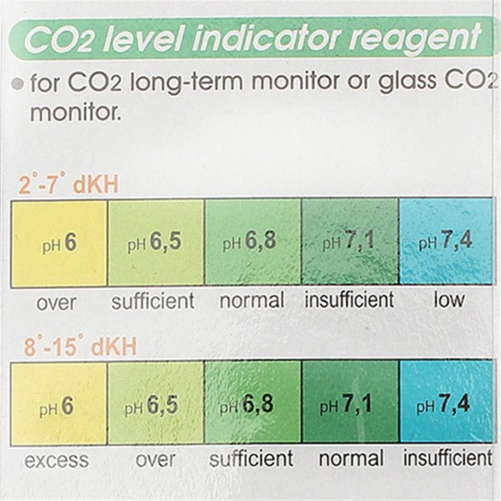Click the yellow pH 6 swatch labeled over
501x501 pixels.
pyautogui.click(x=59, y=243)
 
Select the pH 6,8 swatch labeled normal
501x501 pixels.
pyautogui.click(x=252, y=243)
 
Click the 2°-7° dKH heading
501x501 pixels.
pyautogui.click(x=69, y=185)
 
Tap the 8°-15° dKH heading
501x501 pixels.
pyautogui.click(x=80, y=346)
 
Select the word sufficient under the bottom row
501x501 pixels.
pyautogui.click(x=251, y=460)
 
